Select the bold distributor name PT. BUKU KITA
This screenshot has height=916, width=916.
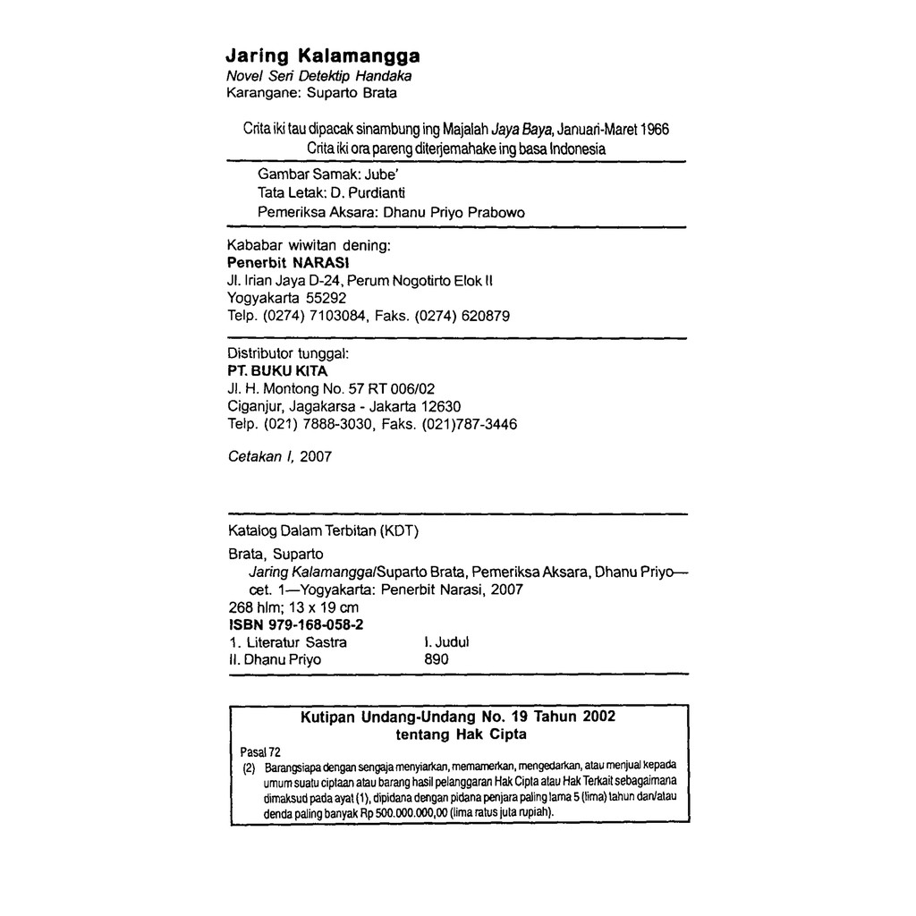(x=277, y=370)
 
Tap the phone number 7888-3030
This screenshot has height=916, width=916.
(x=339, y=423)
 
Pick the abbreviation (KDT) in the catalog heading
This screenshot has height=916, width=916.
(x=400, y=530)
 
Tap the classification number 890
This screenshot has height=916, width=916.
(x=436, y=659)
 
